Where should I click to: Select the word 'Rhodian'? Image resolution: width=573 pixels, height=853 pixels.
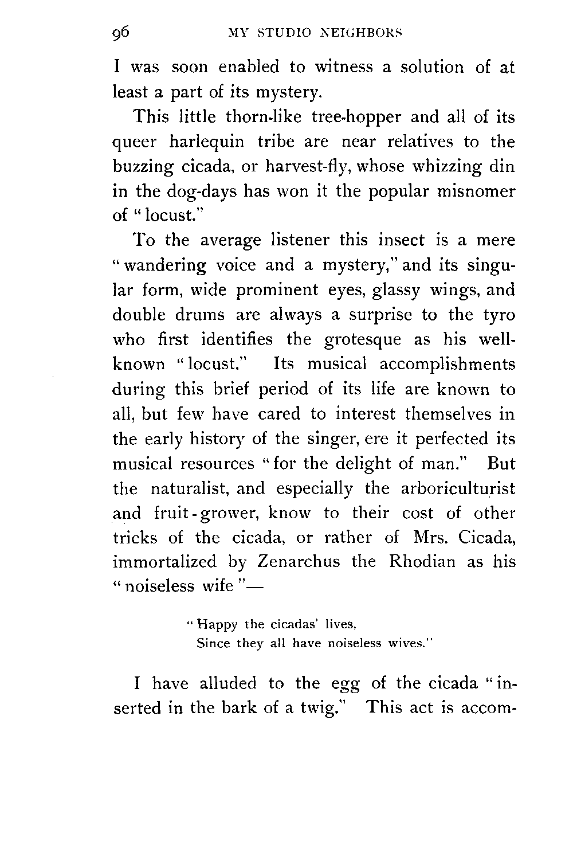[422, 562]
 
